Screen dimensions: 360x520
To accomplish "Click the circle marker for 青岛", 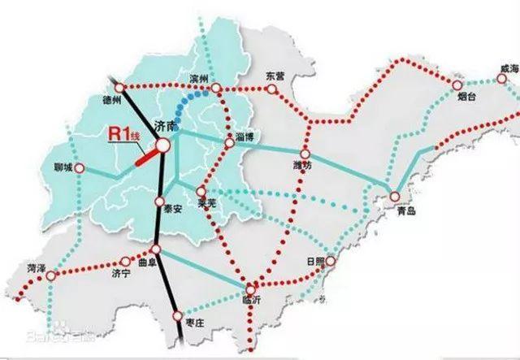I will (394, 196).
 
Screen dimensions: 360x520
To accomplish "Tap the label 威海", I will (509, 71).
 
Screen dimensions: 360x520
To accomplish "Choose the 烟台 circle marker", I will (457, 85).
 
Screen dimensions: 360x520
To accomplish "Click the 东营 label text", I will (276, 76).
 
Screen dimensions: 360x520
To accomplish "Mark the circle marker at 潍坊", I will (305, 154).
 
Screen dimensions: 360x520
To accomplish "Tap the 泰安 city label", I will (172, 208).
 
